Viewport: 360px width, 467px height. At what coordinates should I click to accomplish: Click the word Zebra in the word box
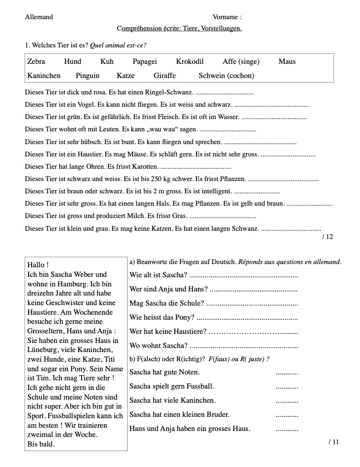pyautogui.click(x=36, y=62)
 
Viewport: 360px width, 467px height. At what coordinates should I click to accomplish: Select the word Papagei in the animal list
pyautogui.click(x=144, y=62)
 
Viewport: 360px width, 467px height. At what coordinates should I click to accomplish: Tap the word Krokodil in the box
pyautogui.click(x=190, y=62)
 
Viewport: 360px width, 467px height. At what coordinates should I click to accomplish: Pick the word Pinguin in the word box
pyautogui.click(x=87, y=76)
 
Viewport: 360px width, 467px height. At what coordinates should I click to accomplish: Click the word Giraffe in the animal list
pyautogui.click(x=165, y=76)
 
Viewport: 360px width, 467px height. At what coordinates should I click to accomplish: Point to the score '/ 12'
pyautogui.click(x=327, y=237)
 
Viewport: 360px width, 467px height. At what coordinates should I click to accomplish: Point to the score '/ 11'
pyautogui.click(x=334, y=441)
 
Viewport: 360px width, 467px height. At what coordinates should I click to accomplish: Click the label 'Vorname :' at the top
pyautogui.click(x=227, y=17)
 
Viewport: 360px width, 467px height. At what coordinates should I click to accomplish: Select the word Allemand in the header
pyautogui.click(x=39, y=17)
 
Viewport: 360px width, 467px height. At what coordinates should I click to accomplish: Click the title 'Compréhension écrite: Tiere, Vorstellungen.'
pyautogui.click(x=179, y=28)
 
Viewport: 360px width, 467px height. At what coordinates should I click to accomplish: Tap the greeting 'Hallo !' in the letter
pyautogui.click(x=38, y=265)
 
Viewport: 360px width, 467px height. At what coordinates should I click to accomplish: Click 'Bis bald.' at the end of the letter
pyautogui.click(x=41, y=444)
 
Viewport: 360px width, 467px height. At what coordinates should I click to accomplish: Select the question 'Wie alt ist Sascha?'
pyautogui.click(x=158, y=275)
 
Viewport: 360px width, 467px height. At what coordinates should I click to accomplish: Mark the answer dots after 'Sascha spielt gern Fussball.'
pyautogui.click(x=287, y=387)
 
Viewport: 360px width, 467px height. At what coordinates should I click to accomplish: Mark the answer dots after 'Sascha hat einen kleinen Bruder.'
pyautogui.click(x=287, y=415)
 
